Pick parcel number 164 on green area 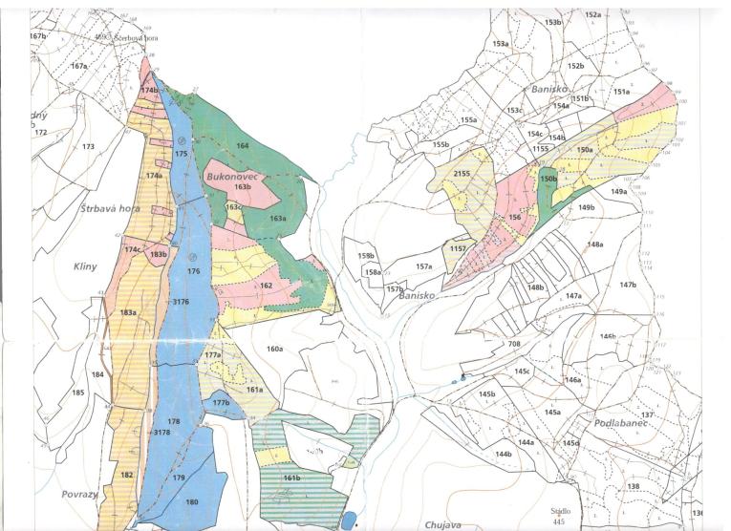pos(243,146)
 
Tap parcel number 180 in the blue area pos(192,502)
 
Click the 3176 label pos(181,302)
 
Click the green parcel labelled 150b pos(548,179)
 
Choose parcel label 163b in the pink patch pos(243,187)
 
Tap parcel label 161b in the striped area pos(292,477)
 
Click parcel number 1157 pos(459,248)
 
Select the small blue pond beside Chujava pos(349,520)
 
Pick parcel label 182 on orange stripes pos(127,475)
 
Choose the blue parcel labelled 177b pos(221,403)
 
